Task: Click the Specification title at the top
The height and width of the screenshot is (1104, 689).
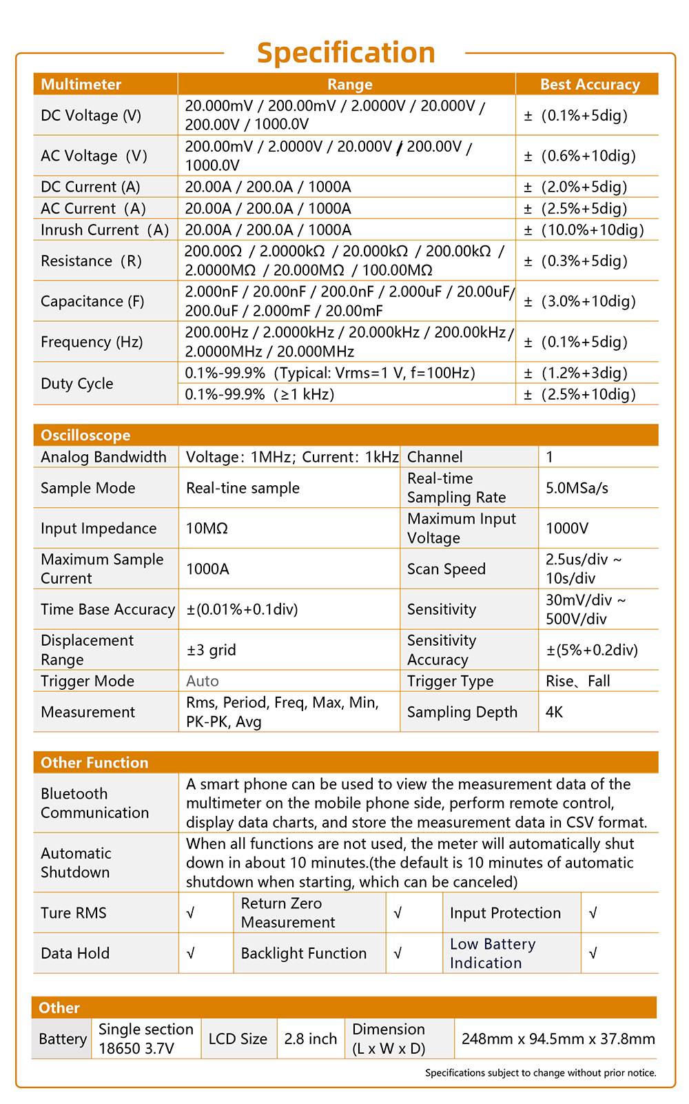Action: coord(346,53)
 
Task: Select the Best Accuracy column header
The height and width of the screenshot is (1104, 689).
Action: coord(590,85)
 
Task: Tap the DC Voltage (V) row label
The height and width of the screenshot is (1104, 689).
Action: coord(91,116)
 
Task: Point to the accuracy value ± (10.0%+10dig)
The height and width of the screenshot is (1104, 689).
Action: coord(584,230)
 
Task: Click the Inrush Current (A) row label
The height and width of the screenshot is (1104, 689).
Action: coord(105,230)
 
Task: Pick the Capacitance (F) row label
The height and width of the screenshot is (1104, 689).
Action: coord(92,301)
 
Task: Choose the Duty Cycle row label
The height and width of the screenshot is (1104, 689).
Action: coord(76,384)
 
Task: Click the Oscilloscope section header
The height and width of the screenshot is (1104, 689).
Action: coord(85,436)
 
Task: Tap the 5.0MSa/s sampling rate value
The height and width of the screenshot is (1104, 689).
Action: coord(577,489)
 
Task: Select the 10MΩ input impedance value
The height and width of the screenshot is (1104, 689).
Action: coord(207,529)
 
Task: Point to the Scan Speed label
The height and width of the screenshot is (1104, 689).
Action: coord(446,569)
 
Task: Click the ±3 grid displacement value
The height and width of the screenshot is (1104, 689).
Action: coord(211,650)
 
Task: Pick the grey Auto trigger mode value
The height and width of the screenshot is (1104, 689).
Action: coord(202,681)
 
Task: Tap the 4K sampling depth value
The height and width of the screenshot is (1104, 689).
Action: coord(554,712)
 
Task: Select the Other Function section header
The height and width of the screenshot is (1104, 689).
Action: coord(94,763)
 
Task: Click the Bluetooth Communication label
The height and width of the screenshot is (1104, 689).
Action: coord(94,804)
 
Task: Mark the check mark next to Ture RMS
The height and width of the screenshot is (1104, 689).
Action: coord(191,913)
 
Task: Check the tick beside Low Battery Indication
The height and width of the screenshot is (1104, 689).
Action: coord(593,954)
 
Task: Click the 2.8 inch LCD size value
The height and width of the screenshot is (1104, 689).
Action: coord(311,1039)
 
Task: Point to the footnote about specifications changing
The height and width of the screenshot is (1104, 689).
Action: coord(540,1073)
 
